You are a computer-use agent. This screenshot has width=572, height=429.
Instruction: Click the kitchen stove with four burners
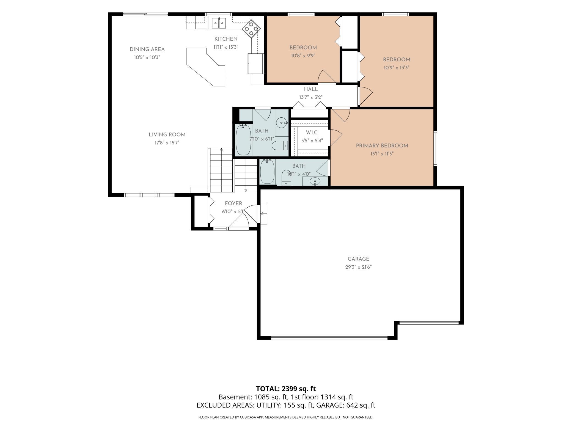(251, 29)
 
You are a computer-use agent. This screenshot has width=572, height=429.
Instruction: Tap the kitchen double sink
(219, 23)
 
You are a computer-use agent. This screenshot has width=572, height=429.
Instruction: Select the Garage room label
(358, 259)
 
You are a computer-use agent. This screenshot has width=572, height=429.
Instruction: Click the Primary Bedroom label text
(382, 146)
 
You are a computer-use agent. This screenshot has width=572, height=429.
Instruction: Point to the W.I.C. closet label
(312, 133)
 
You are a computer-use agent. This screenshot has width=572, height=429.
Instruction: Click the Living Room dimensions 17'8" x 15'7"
(167, 143)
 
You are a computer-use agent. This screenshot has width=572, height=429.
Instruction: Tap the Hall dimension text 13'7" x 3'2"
(311, 97)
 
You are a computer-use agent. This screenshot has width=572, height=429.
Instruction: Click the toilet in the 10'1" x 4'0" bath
(286, 177)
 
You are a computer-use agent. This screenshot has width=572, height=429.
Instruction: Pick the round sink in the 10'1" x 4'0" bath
(315, 181)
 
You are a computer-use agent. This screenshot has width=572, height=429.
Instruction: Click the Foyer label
(233, 204)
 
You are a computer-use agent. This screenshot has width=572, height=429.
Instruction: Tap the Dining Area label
(147, 50)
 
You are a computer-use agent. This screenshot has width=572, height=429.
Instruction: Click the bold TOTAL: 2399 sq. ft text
(286, 389)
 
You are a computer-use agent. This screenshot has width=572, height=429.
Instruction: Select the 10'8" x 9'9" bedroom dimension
(303, 56)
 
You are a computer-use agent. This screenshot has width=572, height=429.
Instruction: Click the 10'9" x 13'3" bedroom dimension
(397, 68)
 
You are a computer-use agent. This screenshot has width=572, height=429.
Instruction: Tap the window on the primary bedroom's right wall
(435, 148)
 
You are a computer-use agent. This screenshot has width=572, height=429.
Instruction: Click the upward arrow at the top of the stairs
(221, 149)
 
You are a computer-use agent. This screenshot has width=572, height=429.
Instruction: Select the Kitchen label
(226, 39)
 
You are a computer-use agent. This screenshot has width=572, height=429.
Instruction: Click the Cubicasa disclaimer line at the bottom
(286, 417)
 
